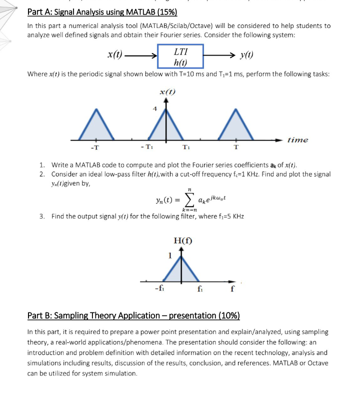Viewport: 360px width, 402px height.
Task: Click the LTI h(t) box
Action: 180,56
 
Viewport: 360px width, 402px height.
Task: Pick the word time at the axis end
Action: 297,140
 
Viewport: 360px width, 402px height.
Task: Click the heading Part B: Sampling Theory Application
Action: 133,315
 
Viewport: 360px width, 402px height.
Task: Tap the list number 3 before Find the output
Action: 42,216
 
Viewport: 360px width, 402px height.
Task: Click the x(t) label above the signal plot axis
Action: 166,91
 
